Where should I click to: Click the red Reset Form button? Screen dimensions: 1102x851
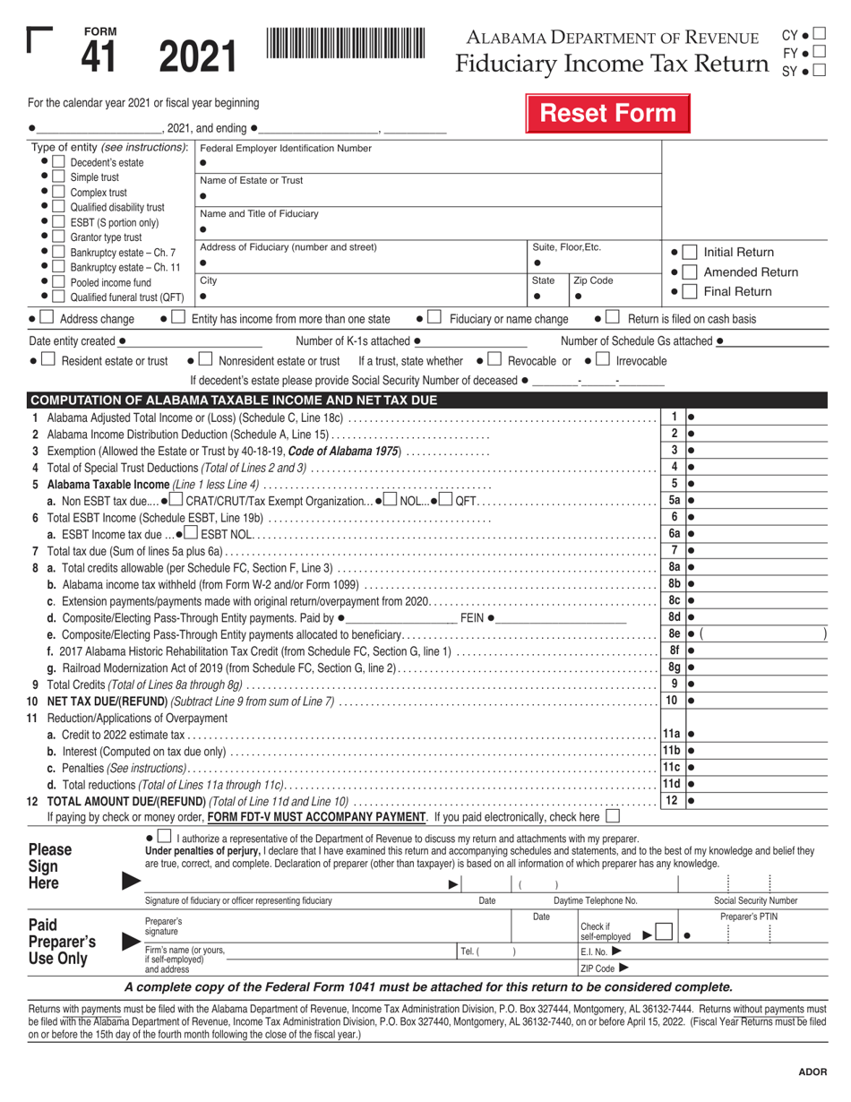coord(606,114)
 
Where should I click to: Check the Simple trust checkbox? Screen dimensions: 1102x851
coord(58,177)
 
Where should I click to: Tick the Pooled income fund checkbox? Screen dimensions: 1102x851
coord(58,281)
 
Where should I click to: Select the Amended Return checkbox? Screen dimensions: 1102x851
coord(689,272)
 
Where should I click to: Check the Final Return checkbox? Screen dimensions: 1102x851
coord(689,292)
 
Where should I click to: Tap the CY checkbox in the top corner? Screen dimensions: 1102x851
coord(820,35)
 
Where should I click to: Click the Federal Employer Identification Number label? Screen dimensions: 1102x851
coord(285,147)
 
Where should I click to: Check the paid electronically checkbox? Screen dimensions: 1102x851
coord(612,817)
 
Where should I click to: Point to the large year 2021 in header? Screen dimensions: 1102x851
coord(199,56)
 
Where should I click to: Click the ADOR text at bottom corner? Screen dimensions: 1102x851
coord(812,1072)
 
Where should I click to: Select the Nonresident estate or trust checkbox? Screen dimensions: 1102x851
coord(204,360)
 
